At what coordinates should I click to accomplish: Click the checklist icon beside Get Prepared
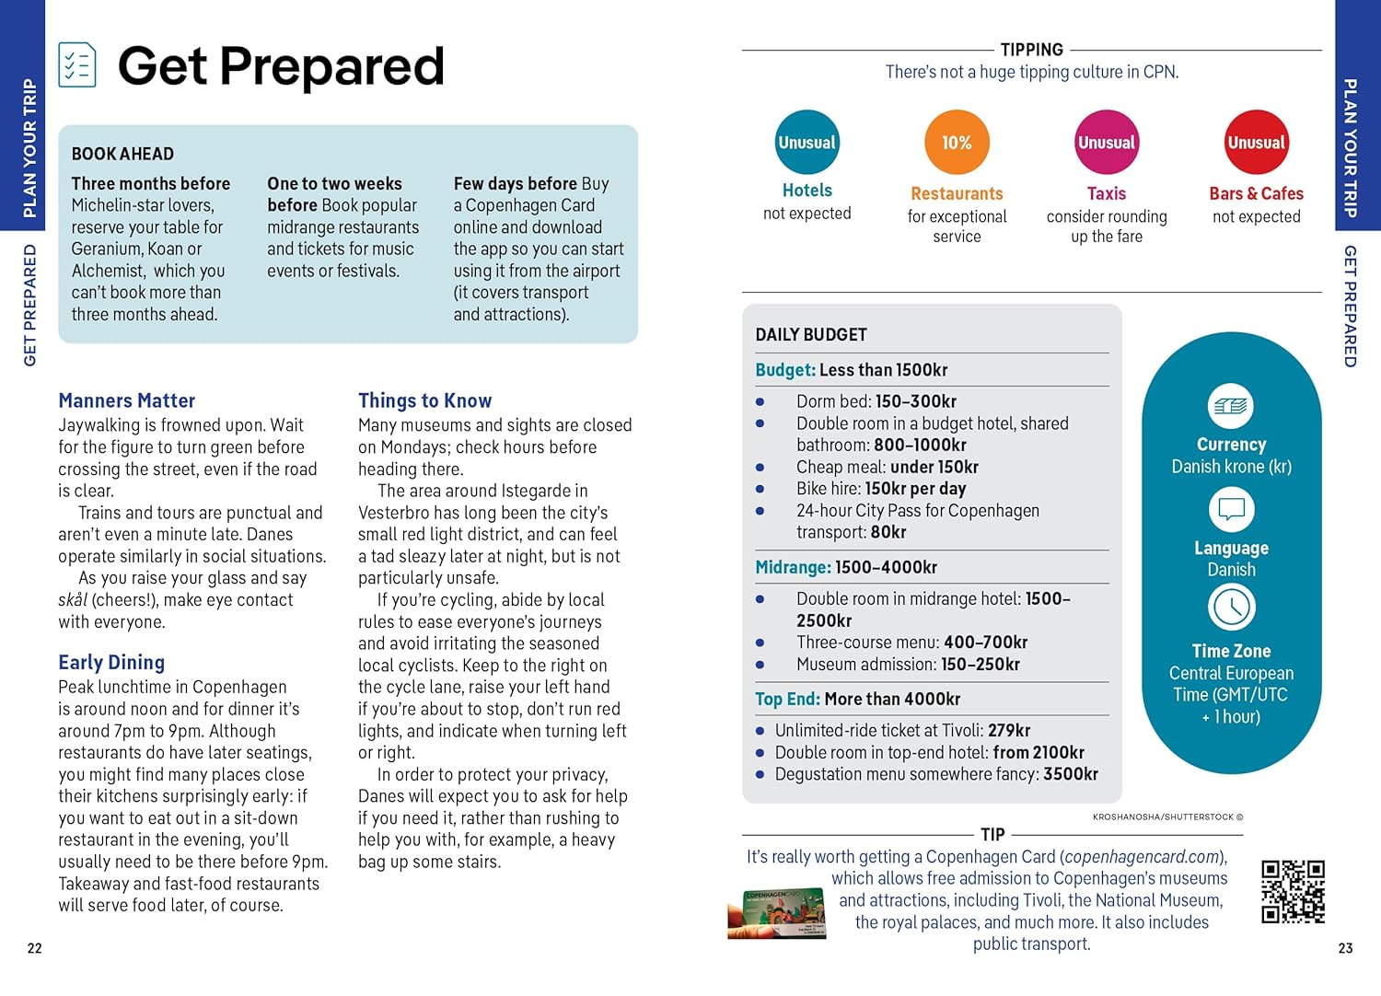[x=77, y=65]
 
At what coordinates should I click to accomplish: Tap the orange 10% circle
[x=957, y=143]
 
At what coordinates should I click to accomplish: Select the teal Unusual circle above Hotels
[x=807, y=143]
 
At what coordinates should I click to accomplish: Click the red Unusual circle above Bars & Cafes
[x=1256, y=143]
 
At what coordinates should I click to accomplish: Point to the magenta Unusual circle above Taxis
[x=1107, y=143]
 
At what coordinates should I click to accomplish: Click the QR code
[x=1293, y=891]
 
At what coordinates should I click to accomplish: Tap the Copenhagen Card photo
[x=776, y=912]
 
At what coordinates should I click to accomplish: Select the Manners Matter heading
[x=127, y=400]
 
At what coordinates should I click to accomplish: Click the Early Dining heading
[x=111, y=662]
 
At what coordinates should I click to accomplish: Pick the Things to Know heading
[x=424, y=400]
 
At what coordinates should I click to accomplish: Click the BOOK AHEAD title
[x=122, y=154]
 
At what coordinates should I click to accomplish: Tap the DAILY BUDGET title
[x=811, y=335]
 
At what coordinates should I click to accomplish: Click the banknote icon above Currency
[x=1231, y=406]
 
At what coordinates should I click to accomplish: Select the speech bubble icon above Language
[x=1231, y=509]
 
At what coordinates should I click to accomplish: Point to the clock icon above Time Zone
[x=1231, y=608]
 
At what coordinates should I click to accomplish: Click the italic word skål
[x=73, y=600]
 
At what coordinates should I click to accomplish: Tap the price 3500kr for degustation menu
[x=1071, y=774]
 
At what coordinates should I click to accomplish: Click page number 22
[x=35, y=948]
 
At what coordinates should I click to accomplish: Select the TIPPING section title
[x=1031, y=50]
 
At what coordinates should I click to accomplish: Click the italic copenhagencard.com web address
[x=1143, y=857]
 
